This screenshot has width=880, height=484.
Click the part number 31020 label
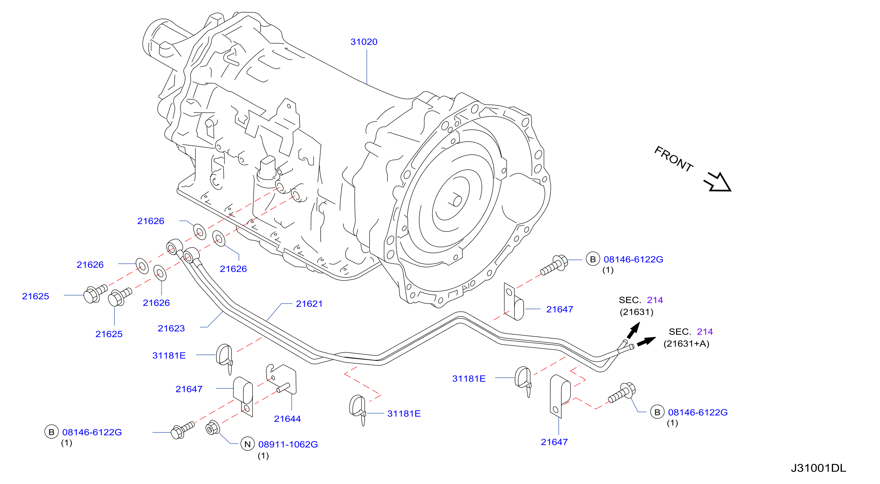(364, 42)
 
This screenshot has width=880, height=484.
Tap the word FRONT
(673, 159)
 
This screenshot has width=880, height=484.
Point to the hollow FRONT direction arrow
(718, 182)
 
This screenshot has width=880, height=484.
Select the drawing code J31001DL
(819, 468)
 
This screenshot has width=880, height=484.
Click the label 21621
(309, 304)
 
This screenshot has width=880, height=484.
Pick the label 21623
(171, 328)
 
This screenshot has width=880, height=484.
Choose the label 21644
(287, 419)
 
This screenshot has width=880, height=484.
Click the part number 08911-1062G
(288, 445)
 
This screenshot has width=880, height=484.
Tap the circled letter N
(248, 444)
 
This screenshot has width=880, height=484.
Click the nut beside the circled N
(212, 427)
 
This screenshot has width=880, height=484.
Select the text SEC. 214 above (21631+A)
(690, 332)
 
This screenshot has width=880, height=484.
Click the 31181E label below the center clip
(404, 414)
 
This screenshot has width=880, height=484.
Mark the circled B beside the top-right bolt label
(593, 259)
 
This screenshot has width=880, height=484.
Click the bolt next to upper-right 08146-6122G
(554, 265)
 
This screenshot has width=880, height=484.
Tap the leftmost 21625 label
(36, 296)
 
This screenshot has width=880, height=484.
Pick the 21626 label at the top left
(151, 221)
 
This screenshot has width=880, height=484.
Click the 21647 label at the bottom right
(554, 442)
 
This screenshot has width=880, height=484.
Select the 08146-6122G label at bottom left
(92, 432)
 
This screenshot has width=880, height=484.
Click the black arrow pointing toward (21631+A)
(646, 341)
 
